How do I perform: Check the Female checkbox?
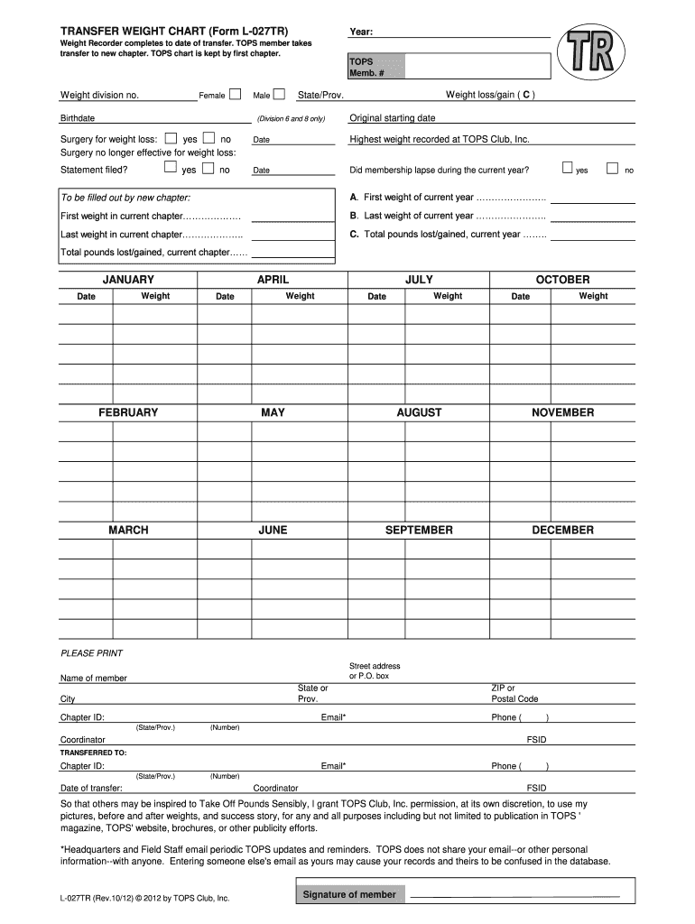[236, 94]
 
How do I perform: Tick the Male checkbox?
[279, 94]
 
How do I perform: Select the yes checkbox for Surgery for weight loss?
[171, 139]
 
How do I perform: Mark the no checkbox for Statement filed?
[208, 169]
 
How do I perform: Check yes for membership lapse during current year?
[567, 168]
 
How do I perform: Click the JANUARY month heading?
[128, 280]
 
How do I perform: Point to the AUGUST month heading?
[419, 412]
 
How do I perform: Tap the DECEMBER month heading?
[562, 530]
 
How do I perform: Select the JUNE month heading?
[273, 530]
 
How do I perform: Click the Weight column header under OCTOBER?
[593, 296]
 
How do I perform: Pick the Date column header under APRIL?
[225, 296]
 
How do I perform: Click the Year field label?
[361, 32]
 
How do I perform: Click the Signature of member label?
[348, 894]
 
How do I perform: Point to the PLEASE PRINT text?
[91, 653]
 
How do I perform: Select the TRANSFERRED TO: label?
[93, 752]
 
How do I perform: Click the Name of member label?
[94, 678]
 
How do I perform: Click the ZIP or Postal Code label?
[514, 693]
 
